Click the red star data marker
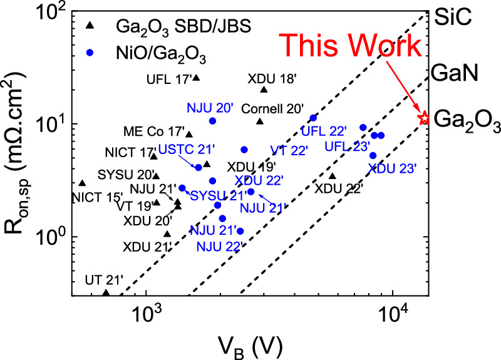click(424, 117)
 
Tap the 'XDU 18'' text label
click(268, 80)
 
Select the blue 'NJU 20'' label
click(209, 107)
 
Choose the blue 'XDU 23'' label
click(392, 168)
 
